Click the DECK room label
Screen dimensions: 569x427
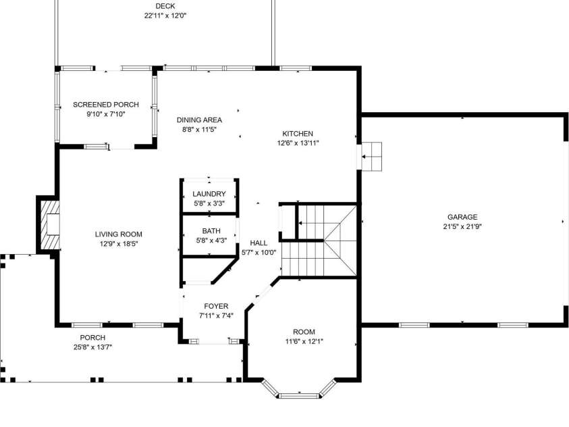pos(165,6)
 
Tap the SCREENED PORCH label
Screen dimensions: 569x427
pos(106,105)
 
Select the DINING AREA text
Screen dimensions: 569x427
pos(199,120)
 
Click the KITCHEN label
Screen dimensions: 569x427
pos(298,134)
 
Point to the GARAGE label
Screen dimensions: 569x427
pos(462,217)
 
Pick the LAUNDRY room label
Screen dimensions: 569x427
pos(209,194)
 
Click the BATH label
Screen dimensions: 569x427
pos(211,231)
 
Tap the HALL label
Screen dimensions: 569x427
pos(259,243)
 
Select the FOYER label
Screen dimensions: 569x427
pos(216,307)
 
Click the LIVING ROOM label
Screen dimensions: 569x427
pos(119,234)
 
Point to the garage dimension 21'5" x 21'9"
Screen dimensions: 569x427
pos(462,226)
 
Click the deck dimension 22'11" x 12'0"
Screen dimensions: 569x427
pos(165,16)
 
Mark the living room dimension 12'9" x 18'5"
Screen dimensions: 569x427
pos(119,244)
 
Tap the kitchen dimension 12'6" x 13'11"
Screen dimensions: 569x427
pos(298,143)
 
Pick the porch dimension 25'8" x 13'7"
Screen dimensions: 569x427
pos(93,347)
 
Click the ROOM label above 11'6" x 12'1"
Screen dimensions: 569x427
pos(304,332)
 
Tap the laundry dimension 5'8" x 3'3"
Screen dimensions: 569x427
pos(209,203)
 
